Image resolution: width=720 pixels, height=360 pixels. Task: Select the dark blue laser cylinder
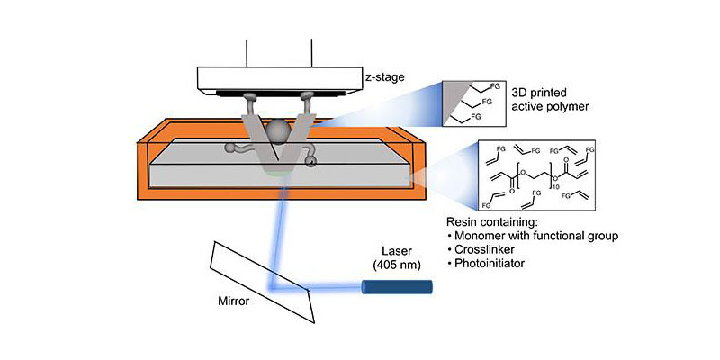396,288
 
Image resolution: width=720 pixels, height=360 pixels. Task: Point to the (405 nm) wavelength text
398,265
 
